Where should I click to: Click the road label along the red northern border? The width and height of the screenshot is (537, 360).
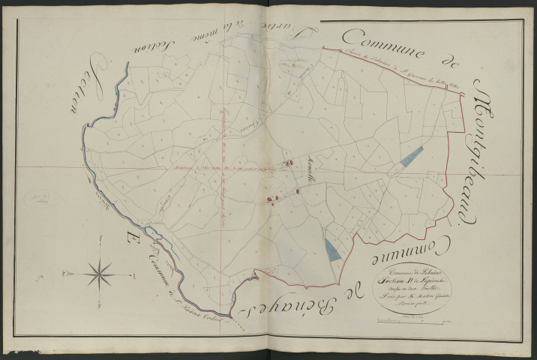coord(382,74)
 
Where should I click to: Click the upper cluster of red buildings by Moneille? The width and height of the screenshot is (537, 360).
coord(286,162)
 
